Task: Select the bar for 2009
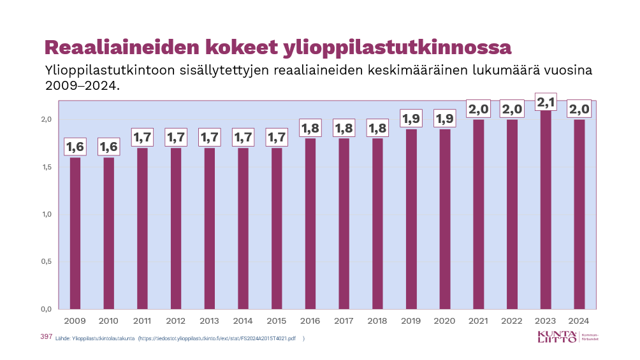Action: pos(75,233)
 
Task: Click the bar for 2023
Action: pos(546,210)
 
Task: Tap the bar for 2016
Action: pos(310,224)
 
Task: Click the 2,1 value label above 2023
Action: pos(546,102)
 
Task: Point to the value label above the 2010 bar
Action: pos(109,147)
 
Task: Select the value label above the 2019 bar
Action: pos(411,119)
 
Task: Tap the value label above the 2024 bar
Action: pos(579,109)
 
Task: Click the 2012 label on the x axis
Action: pos(176,320)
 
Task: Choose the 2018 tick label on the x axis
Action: pos(377,320)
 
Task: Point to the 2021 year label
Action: pos(478,320)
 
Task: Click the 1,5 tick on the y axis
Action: pos(45,167)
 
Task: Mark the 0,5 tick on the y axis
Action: pos(45,261)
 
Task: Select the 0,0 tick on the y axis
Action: pos(45,309)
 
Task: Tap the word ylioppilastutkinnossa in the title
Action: pos(397,48)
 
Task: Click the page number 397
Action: pos(45,336)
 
